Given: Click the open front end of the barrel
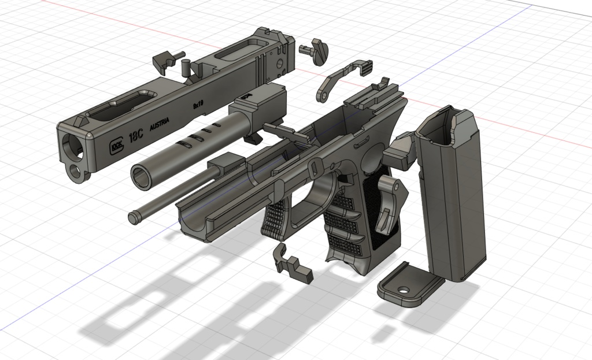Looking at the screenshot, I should coord(140,175).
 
